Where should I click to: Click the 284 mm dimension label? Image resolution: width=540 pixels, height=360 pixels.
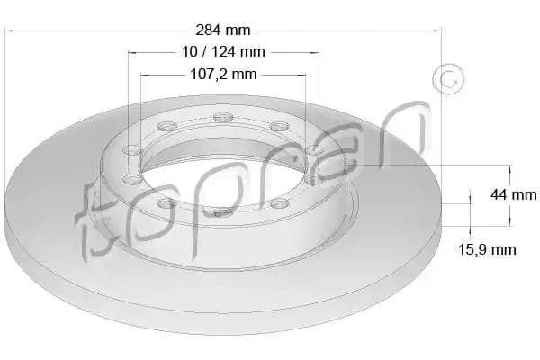[223, 31]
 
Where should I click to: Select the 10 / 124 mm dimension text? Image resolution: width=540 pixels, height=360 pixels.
[223, 52]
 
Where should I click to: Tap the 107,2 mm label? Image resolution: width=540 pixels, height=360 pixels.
[223, 74]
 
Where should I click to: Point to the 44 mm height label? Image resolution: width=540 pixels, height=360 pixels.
[514, 195]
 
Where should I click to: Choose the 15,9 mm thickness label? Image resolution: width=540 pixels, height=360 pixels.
[487, 250]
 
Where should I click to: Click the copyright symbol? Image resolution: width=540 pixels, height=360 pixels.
[448, 79]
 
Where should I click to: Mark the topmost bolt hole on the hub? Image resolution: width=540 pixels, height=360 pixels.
[223, 118]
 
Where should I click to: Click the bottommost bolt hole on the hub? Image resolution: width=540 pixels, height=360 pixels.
[223, 212]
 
